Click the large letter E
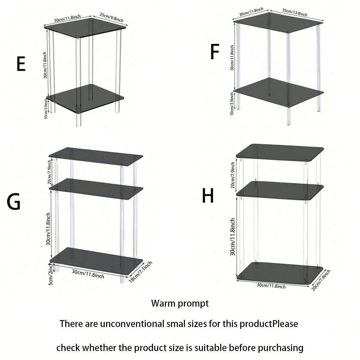click(21, 64)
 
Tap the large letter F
click(215, 52)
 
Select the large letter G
click(13, 202)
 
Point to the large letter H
click(208, 196)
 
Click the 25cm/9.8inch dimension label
click(111, 17)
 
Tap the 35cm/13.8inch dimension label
click(295, 12)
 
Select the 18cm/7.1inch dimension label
click(140, 272)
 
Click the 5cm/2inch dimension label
click(51, 274)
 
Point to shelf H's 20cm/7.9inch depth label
click(321, 280)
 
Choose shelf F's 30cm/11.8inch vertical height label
click(232, 58)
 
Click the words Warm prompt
click(180, 304)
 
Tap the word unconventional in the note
click(132, 324)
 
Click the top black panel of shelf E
click(85, 28)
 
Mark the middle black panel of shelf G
click(96, 189)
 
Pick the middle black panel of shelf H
click(280, 190)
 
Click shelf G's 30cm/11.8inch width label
click(88, 274)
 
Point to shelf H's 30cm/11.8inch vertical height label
click(232, 237)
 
